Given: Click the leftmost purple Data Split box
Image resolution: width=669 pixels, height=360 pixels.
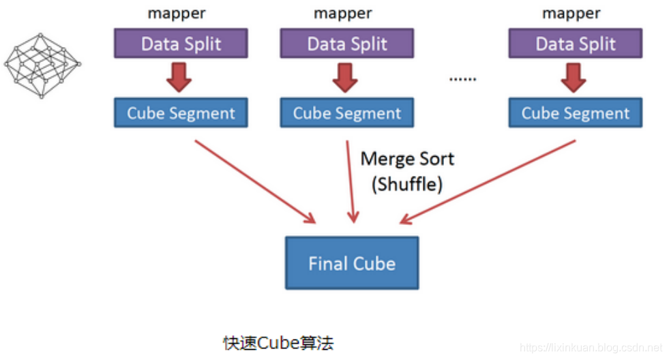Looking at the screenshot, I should [x=181, y=44].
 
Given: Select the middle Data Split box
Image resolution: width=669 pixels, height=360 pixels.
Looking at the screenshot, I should [x=347, y=44].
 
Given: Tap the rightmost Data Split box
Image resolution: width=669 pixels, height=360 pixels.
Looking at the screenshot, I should [x=575, y=44].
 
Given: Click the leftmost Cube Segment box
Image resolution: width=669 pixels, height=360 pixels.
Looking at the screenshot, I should [x=181, y=113].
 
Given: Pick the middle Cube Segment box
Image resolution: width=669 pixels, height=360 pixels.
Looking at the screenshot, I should [x=347, y=113].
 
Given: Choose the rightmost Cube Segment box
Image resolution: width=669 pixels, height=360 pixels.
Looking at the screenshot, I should [x=575, y=113].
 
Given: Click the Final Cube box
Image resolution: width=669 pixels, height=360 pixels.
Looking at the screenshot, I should [x=351, y=263].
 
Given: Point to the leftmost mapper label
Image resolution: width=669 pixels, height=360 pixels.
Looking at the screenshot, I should [x=177, y=13].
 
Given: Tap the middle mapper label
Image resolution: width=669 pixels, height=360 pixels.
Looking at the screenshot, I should [x=342, y=13].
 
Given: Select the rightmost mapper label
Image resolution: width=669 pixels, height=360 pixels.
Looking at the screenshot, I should [x=571, y=13].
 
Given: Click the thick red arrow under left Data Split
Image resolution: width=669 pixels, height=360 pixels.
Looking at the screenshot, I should [x=179, y=77].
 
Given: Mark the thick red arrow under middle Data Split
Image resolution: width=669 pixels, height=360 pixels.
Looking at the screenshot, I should [x=346, y=77].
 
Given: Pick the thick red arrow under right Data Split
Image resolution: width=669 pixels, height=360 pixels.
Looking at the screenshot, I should [x=574, y=77].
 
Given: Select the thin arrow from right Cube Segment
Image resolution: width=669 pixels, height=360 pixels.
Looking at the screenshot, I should [x=488, y=181].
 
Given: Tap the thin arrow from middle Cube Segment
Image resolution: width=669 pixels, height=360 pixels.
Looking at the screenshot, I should [x=351, y=181].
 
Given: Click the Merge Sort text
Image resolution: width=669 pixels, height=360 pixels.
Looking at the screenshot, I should [x=407, y=160].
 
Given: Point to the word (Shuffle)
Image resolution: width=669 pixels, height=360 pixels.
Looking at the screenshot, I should [x=407, y=184].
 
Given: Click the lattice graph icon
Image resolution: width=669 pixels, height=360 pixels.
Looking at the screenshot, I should [x=42, y=65].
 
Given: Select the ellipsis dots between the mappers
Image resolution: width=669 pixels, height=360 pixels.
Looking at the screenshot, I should [x=462, y=80].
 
